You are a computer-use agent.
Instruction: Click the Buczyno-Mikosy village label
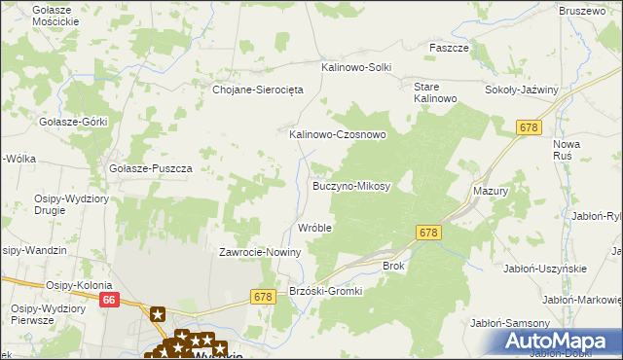tap(350, 185)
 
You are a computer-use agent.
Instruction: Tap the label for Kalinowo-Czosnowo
tap(338, 135)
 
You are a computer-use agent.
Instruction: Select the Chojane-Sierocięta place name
tap(259, 89)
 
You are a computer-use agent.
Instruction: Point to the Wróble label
tap(314, 228)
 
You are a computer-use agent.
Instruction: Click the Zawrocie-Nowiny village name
tap(261, 252)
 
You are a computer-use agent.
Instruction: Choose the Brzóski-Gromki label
tap(326, 291)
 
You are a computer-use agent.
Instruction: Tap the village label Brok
tap(393, 265)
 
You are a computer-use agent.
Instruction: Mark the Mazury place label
tap(491, 192)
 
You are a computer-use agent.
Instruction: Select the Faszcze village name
tap(450, 47)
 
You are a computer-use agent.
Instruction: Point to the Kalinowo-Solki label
tap(356, 67)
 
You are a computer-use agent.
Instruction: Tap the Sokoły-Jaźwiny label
tap(522, 90)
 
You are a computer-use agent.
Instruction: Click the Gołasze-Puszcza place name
tap(151, 167)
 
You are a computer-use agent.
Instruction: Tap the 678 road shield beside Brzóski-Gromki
tap(261, 296)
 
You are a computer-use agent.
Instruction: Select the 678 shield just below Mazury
tap(429, 233)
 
